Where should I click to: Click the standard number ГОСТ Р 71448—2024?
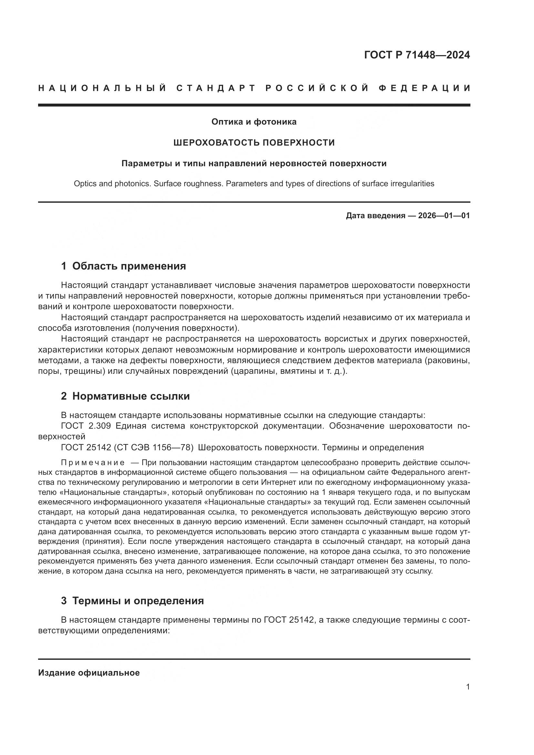point(417,55)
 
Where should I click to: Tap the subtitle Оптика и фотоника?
point(254,122)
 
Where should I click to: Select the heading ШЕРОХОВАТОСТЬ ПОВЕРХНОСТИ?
point(254,143)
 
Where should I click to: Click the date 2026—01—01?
point(444,216)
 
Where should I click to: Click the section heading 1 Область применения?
point(123,266)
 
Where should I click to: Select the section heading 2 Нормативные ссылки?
point(125,396)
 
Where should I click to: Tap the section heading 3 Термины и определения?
point(132,601)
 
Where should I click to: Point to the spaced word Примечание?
point(93,463)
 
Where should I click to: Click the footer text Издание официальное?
point(89,673)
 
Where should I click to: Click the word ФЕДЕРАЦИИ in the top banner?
point(425,88)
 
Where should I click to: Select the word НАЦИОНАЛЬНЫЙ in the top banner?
point(102,88)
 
